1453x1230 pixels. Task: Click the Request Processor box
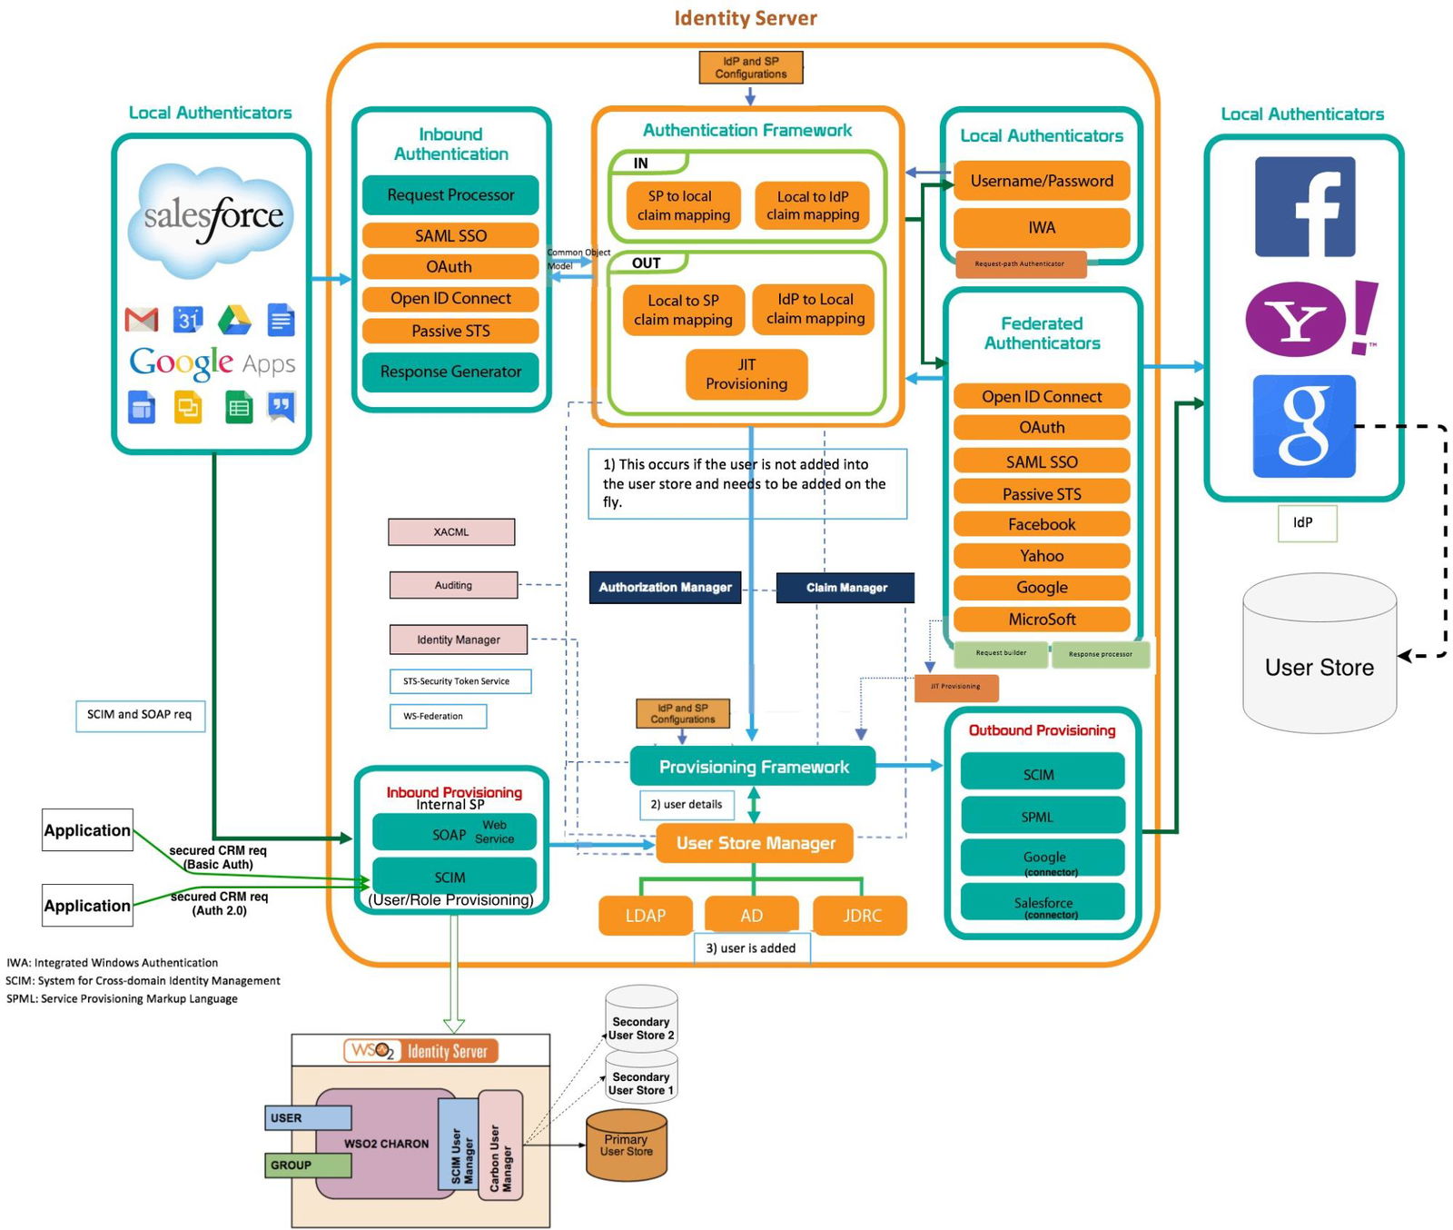click(x=450, y=195)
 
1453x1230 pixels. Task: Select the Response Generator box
click(x=450, y=372)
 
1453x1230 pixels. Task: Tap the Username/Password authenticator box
click(x=1042, y=181)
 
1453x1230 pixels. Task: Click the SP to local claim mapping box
click(x=683, y=205)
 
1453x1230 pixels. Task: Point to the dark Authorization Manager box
click(x=665, y=587)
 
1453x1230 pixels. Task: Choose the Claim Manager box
click(x=845, y=588)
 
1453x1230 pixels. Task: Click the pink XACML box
click(x=451, y=531)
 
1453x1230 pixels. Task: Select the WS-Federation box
click(x=438, y=716)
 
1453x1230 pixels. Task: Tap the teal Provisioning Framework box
click(x=753, y=767)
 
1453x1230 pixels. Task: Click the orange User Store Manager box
click(x=755, y=843)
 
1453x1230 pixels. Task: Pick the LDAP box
click(x=646, y=916)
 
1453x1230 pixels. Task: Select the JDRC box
click(x=861, y=916)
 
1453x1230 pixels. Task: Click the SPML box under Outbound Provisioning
click(x=1042, y=816)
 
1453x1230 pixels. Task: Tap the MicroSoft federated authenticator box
click(x=1042, y=620)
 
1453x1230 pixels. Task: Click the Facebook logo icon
click(x=1305, y=206)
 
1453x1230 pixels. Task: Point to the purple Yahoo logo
click(x=1297, y=320)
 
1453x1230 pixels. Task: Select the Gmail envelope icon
click(x=142, y=320)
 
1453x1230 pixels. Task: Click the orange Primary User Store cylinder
click(x=627, y=1146)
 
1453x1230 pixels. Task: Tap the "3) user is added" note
click(x=751, y=947)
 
